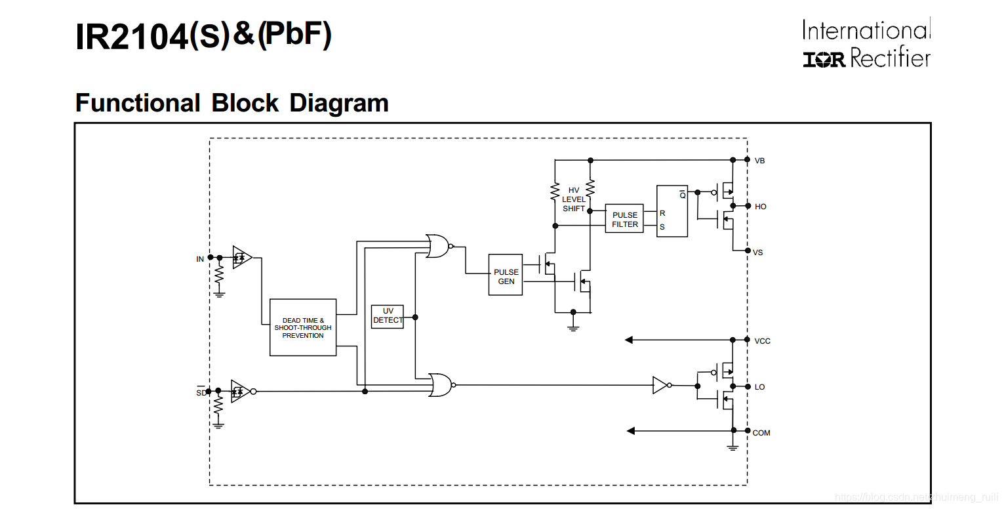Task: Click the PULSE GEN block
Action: (x=506, y=275)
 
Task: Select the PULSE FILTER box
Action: (x=624, y=219)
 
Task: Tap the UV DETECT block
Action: (x=388, y=317)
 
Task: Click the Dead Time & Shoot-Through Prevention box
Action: (x=303, y=327)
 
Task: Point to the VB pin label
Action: (x=759, y=161)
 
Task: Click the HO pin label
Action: (x=760, y=207)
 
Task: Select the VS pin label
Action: (x=758, y=253)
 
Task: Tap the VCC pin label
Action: (x=762, y=341)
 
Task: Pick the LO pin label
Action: (x=759, y=387)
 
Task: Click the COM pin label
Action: (x=761, y=433)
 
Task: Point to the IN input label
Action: (x=200, y=259)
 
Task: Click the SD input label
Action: (x=201, y=393)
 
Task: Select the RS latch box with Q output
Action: (x=672, y=211)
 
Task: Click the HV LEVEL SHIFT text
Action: (x=574, y=199)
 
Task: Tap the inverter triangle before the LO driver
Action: (x=660, y=385)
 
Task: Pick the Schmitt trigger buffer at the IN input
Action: (x=242, y=257)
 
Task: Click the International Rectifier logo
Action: (x=866, y=45)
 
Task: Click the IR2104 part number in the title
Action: (x=131, y=37)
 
